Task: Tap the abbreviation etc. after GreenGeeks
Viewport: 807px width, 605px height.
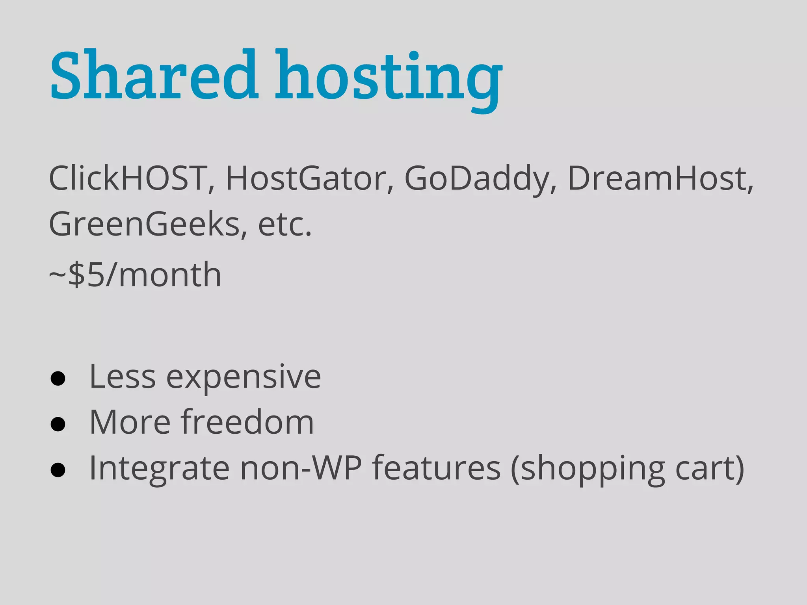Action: point(284,224)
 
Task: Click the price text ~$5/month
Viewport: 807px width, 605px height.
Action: point(135,275)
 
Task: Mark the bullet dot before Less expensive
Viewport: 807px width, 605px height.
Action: point(58,379)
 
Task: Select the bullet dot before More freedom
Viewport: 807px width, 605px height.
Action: point(58,424)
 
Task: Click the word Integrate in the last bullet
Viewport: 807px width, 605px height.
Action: point(159,469)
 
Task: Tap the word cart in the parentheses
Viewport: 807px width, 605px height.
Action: point(704,469)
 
